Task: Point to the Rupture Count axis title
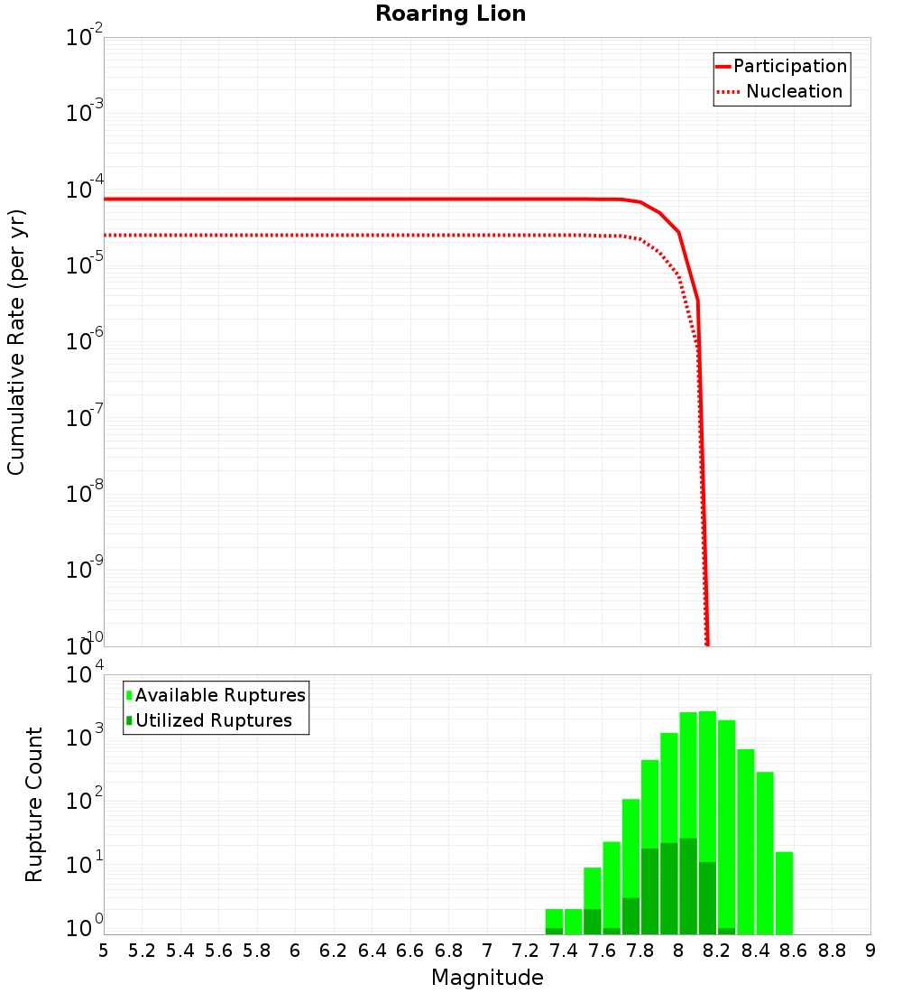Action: click(x=34, y=804)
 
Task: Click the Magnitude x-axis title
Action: click(x=487, y=978)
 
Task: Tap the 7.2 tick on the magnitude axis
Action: click(x=525, y=951)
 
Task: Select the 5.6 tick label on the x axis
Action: click(x=218, y=951)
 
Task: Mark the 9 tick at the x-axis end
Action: click(x=870, y=951)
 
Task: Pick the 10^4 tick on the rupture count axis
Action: click(x=85, y=676)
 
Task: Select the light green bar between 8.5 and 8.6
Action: click(x=784, y=893)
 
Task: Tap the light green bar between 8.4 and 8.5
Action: click(x=765, y=852)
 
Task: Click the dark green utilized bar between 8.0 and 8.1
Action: click(x=688, y=886)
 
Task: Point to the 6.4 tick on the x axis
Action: click(x=372, y=951)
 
